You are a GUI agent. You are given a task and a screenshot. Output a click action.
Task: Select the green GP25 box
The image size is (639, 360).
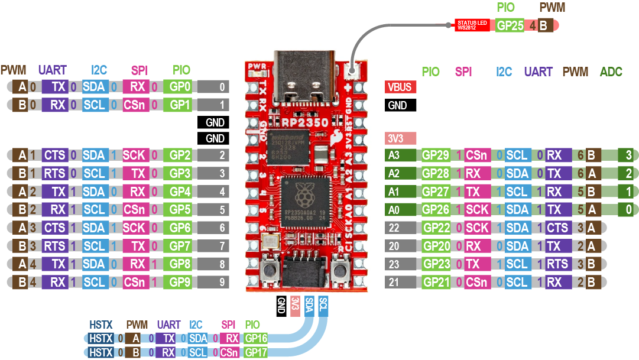pos(509,25)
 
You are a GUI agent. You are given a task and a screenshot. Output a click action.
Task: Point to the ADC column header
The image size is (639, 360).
pos(611,72)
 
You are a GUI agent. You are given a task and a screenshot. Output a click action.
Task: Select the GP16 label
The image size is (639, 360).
pos(255,338)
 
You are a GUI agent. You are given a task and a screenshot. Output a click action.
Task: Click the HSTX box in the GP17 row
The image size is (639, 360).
pos(100,352)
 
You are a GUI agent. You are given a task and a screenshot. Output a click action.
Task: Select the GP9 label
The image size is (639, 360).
pos(180,283)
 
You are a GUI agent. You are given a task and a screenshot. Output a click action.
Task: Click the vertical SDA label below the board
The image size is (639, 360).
pos(309,306)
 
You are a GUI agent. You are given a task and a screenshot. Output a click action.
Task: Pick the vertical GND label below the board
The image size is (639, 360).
pos(282,306)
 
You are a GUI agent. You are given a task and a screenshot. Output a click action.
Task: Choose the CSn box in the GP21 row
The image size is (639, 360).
pos(476,283)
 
